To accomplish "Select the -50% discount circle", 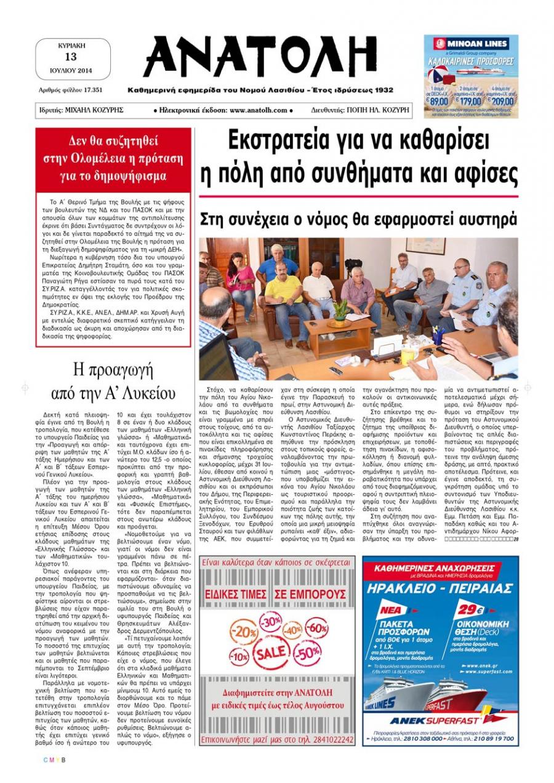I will pos(307,653).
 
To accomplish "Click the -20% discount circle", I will pos(244,632).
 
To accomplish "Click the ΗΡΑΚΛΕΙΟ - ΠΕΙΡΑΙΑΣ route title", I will pos(440,588).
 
